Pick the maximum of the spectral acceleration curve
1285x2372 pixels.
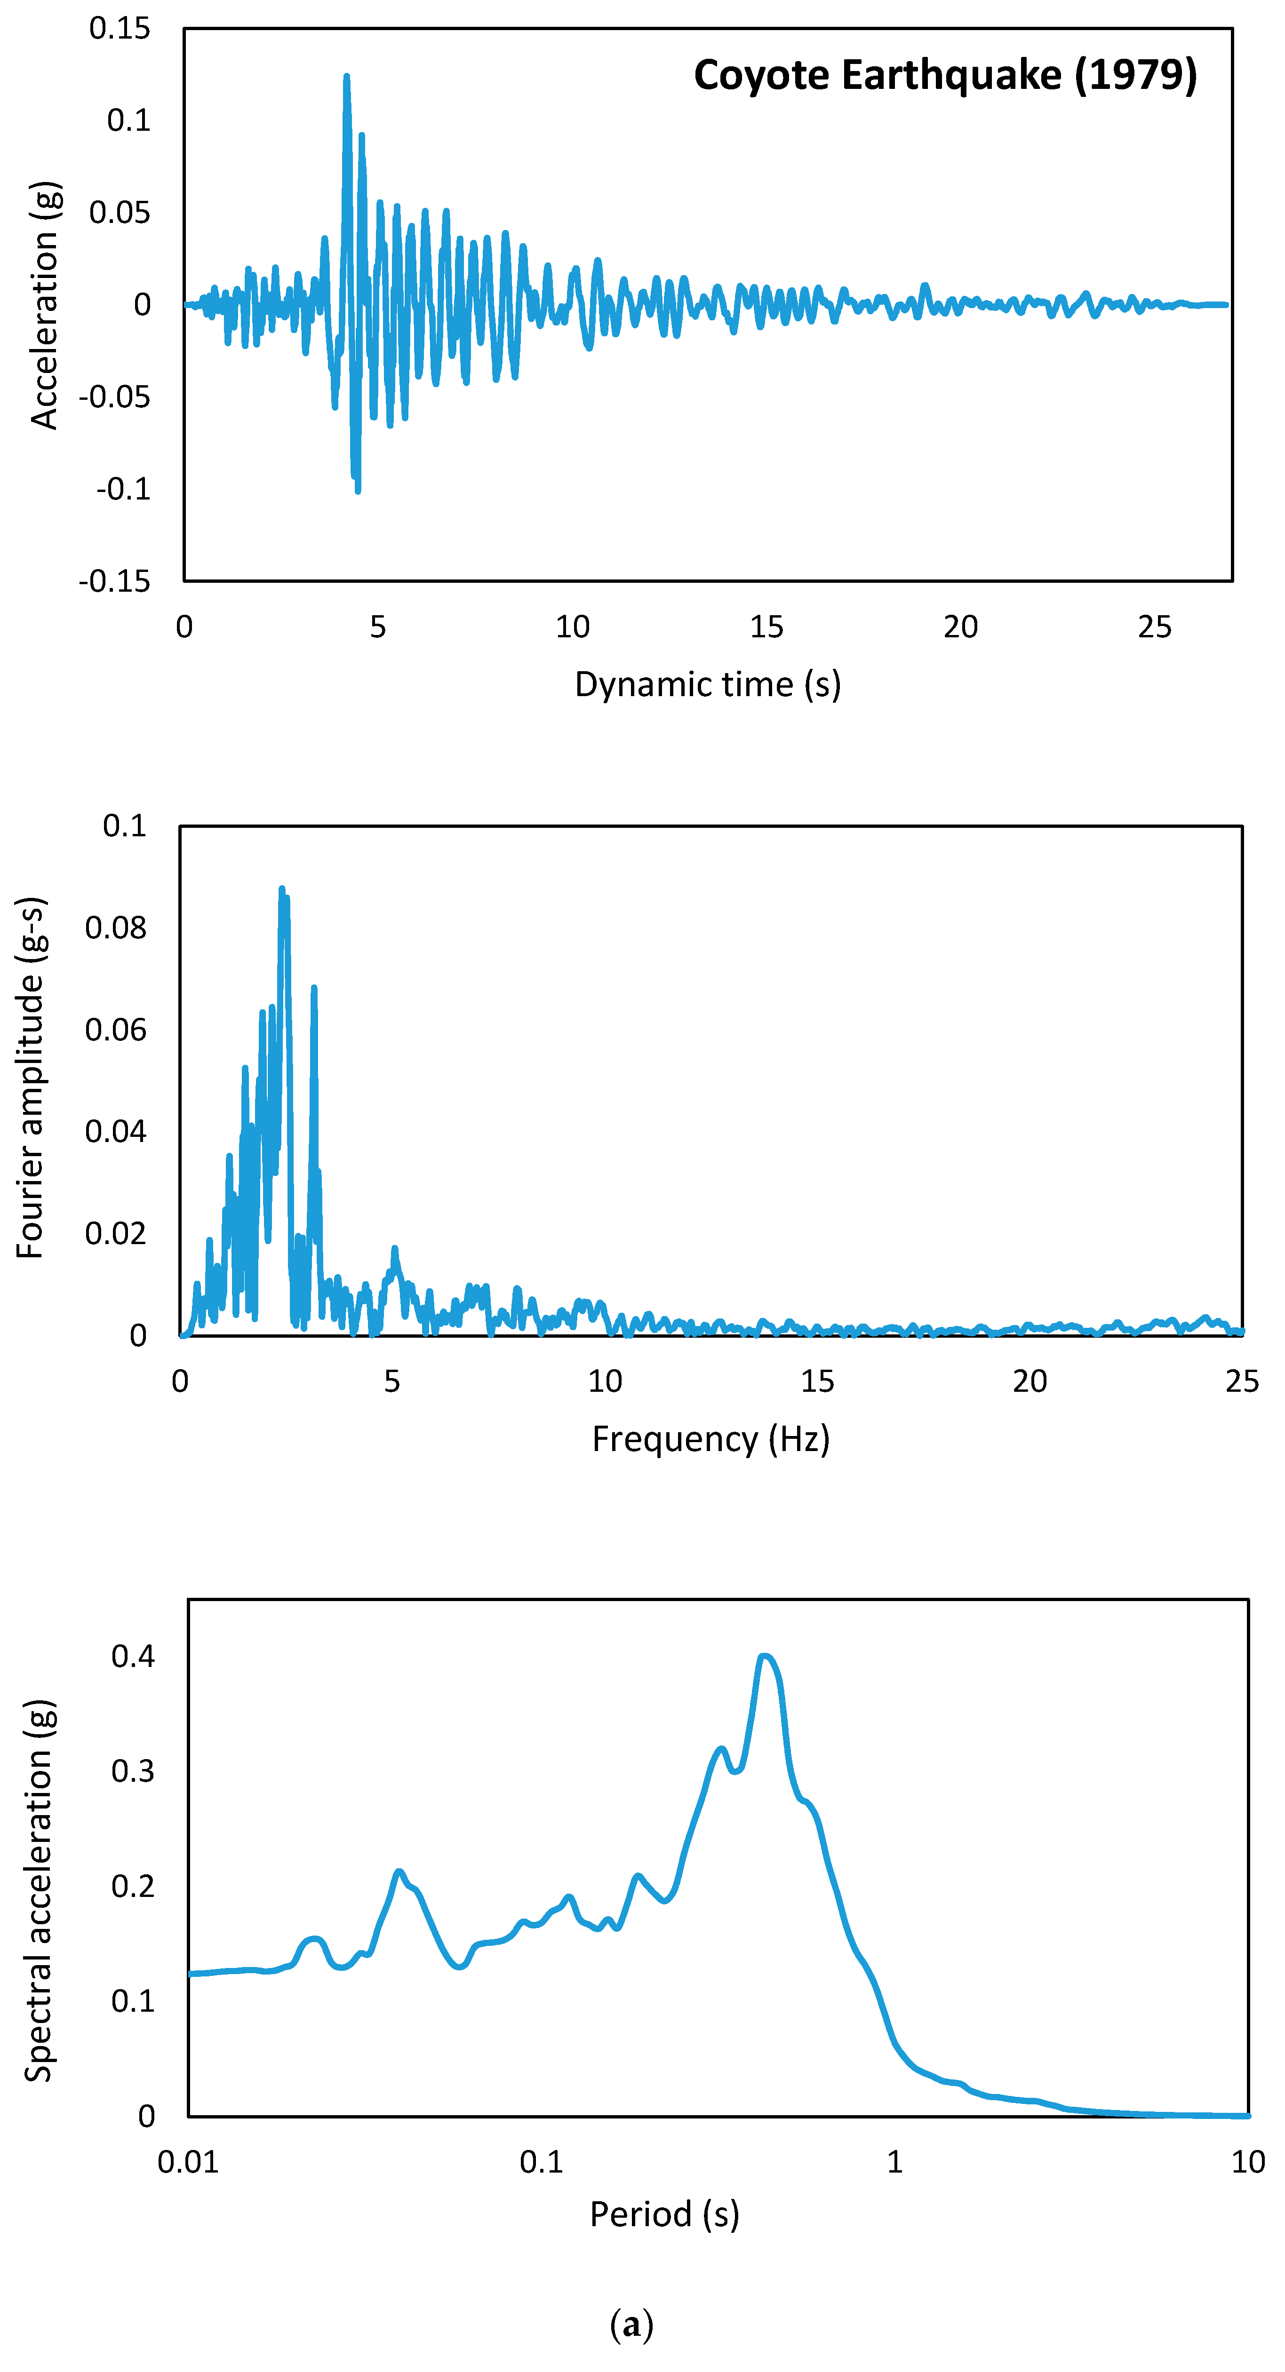pos(764,1657)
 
